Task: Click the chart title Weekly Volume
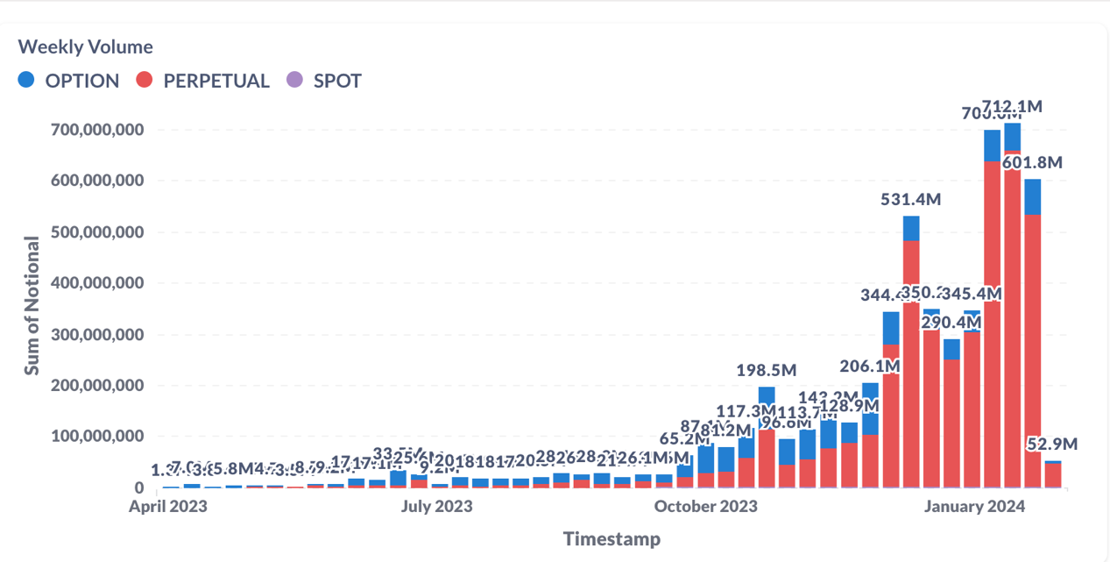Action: pos(85,47)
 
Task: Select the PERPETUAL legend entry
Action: pos(204,81)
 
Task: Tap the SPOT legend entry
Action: pos(325,81)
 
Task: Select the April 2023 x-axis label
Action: pos(168,506)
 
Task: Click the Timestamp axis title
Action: pos(612,538)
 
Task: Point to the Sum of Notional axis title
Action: pos(32,305)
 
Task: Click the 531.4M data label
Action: pos(911,200)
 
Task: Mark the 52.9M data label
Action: pos(1052,445)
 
